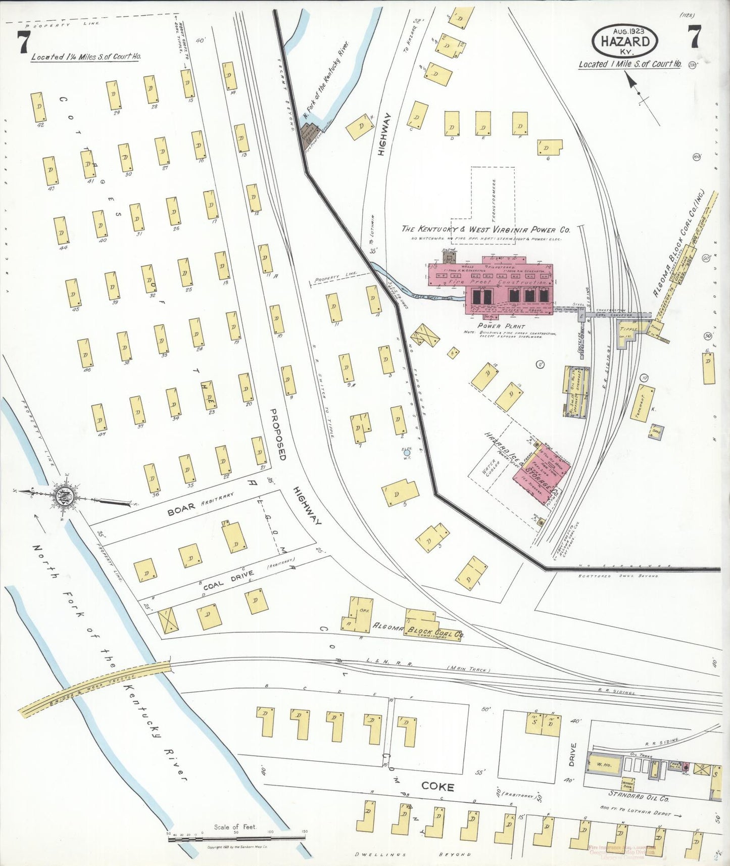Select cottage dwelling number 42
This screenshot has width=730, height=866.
point(38,107)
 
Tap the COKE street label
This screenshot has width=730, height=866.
point(437,786)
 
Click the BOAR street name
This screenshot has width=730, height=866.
point(178,511)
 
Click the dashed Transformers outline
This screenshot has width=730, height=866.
point(493,205)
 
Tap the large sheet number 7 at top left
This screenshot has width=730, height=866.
point(23,41)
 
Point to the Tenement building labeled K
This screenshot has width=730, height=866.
point(642,404)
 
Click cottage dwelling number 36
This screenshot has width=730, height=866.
point(152,477)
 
